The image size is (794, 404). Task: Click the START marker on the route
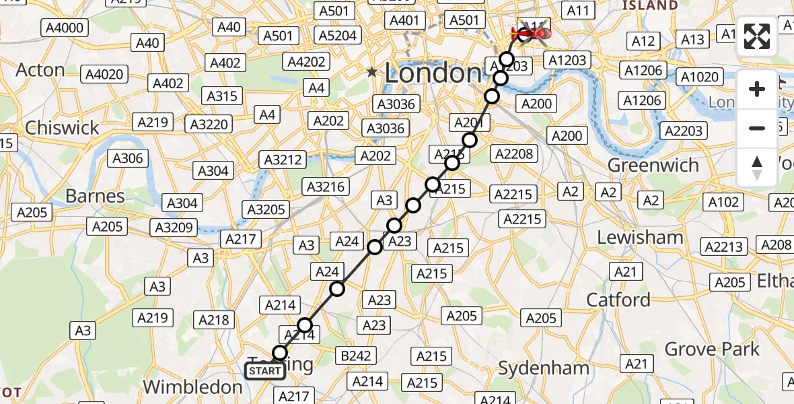pos(264,371)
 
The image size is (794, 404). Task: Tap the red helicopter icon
pos(531,33)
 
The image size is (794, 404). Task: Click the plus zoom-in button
pos(757,89)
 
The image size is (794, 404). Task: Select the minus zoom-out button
pos(757,128)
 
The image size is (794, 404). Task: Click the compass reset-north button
pos(757,168)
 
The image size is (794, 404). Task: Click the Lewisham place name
pos(640,237)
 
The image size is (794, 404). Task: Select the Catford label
pos(618,299)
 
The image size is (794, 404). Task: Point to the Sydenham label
pos(544,368)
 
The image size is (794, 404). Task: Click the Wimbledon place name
pos(192,387)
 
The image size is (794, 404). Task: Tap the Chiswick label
pos(62,127)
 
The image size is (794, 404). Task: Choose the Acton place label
pos(40,70)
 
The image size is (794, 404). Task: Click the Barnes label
pos(95,196)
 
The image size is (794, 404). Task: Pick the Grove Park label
pos(712,349)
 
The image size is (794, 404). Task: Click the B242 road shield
pos(356,356)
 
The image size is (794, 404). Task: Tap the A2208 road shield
pos(514,154)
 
